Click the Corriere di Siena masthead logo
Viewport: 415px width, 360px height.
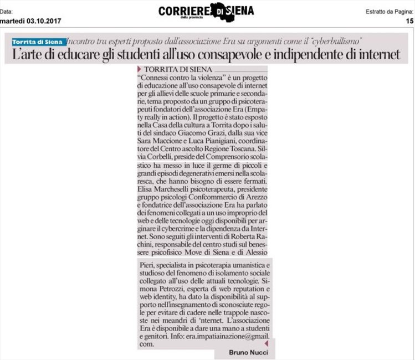pos(206,11)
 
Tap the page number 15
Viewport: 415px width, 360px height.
pos(409,21)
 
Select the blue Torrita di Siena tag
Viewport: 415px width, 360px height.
pos(38,42)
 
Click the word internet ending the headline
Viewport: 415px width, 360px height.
pos(376,55)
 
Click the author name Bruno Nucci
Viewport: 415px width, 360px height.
pos(248,352)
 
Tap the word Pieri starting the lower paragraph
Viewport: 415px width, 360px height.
pos(146,266)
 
